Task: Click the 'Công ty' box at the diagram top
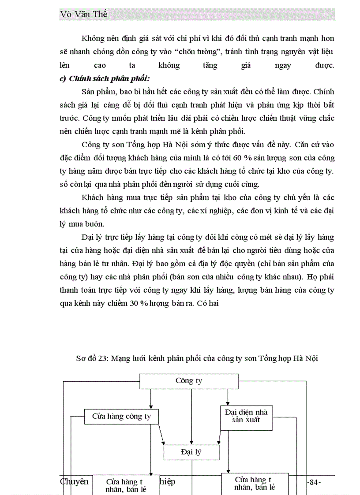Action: (x=189, y=381)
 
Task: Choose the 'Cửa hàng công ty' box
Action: (x=121, y=416)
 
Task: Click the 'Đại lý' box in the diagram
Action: (x=191, y=452)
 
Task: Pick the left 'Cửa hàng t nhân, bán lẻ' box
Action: (x=126, y=485)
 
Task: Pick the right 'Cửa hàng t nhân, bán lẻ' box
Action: (x=255, y=484)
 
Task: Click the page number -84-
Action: (x=313, y=482)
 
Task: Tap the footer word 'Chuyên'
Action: (x=74, y=481)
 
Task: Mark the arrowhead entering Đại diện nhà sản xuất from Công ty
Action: (x=228, y=403)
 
